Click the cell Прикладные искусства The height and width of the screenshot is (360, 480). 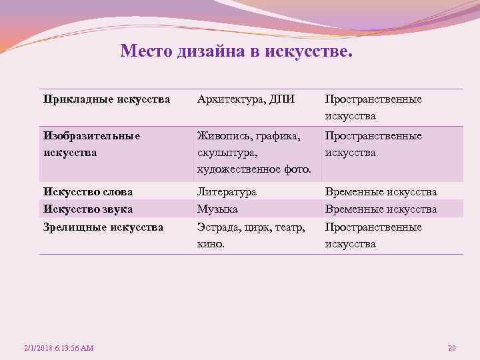click(x=107, y=99)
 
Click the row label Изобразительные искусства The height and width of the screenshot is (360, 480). click(x=92, y=144)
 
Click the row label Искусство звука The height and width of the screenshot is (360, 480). click(x=88, y=209)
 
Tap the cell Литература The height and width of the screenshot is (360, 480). click(x=227, y=192)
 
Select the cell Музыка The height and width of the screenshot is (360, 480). click(x=217, y=209)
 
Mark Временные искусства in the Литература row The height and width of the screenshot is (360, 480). click(x=381, y=192)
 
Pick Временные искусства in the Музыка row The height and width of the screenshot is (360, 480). click(x=381, y=209)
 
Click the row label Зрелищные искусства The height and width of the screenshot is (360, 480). click(x=103, y=227)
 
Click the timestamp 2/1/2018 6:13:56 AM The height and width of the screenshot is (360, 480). click(x=59, y=348)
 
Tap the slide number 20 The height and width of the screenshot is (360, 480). click(x=451, y=348)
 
